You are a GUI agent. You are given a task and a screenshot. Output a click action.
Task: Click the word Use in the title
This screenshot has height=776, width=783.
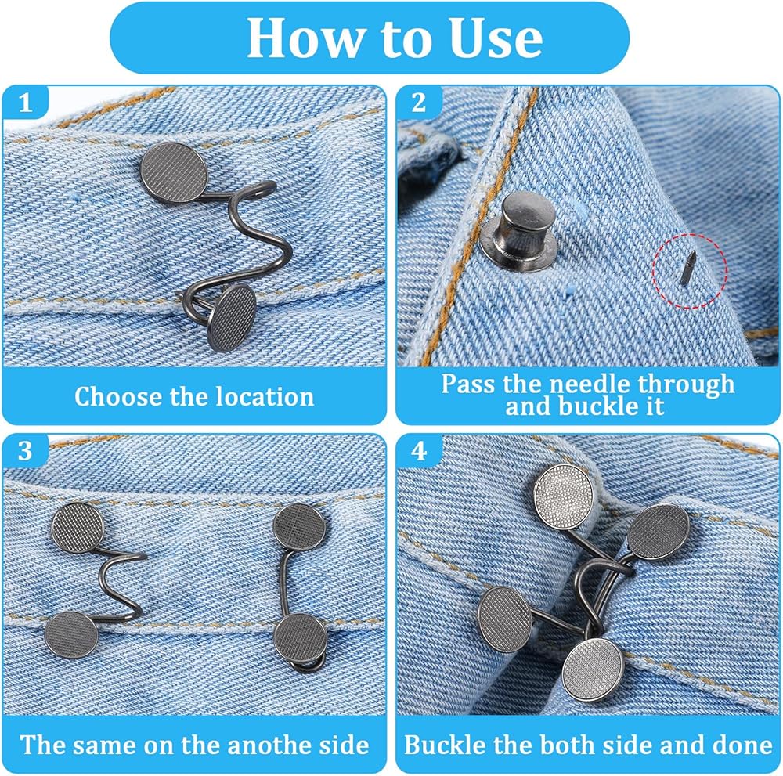pos(496,38)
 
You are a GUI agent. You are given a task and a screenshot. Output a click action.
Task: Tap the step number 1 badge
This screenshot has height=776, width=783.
pos(26,103)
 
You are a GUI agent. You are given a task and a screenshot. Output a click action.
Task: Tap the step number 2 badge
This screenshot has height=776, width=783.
pos(419,103)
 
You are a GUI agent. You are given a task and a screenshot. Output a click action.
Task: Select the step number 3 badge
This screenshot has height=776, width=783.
pos(26,451)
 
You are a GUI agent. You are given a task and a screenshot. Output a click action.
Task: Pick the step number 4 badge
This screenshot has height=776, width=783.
pos(419,451)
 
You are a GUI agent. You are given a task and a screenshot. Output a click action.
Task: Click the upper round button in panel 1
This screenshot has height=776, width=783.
pos(173,173)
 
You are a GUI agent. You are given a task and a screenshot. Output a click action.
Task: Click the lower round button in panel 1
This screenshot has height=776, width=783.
pos(232,318)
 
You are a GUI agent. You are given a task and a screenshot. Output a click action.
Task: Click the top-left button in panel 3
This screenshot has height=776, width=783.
pos(78,528)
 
